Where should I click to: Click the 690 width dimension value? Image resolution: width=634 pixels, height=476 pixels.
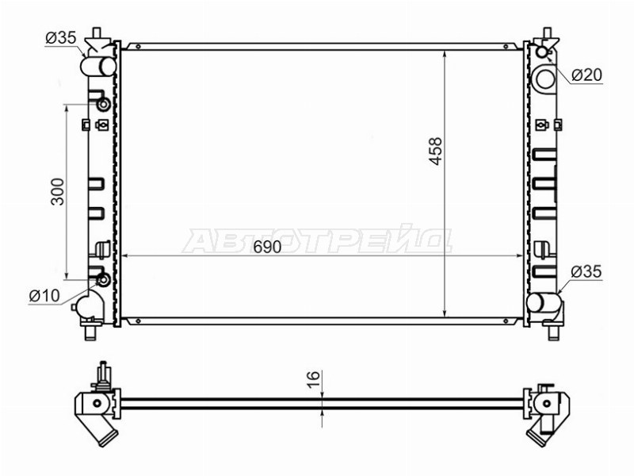click(267, 247)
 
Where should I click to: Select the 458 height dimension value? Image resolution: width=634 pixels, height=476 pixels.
click(436, 152)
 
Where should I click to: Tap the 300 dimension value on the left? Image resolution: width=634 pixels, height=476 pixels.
click(57, 191)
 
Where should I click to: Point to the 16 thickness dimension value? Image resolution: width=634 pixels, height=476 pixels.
click(313, 379)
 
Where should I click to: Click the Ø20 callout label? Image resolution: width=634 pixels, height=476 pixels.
click(586, 75)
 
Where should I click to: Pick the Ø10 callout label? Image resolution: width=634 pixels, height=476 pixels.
click(44, 296)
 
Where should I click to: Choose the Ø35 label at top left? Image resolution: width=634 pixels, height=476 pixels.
click(61, 37)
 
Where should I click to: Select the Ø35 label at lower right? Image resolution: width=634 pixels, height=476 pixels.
click(586, 271)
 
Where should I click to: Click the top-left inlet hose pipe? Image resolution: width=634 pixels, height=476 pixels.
click(98, 67)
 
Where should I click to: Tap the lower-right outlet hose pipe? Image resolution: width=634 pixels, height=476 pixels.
click(544, 302)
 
